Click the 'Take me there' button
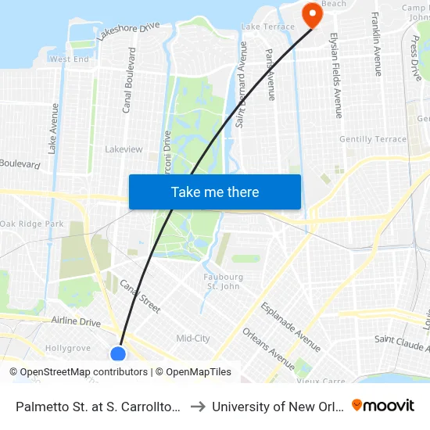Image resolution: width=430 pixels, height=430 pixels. (x=215, y=192)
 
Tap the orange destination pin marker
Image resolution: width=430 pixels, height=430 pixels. (x=311, y=14)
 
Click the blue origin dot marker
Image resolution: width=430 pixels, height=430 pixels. (x=118, y=354)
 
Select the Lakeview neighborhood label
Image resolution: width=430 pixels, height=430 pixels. (x=124, y=149)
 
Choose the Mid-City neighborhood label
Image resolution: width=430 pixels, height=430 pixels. (x=193, y=339)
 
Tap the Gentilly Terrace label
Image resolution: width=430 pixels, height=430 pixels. (x=373, y=139)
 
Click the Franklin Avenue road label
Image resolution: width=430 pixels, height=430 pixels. (x=377, y=44)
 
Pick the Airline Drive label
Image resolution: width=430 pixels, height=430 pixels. (x=76, y=321)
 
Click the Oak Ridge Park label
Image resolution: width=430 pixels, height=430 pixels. (x=32, y=224)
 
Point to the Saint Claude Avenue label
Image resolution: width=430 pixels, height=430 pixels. (x=401, y=339)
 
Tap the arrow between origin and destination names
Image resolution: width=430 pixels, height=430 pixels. (x=198, y=406)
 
